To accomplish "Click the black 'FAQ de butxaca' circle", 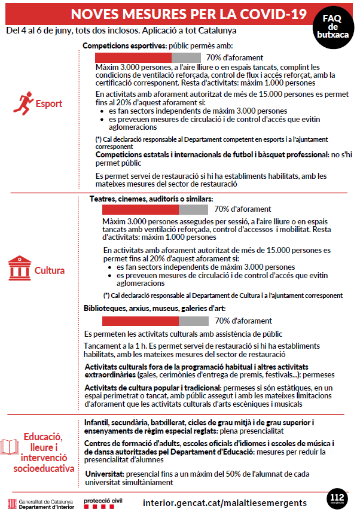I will tap(332, 28).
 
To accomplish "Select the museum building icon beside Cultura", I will tap(20, 270).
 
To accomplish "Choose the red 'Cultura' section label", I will tap(50, 270).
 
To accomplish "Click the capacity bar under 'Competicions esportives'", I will tap(148, 57).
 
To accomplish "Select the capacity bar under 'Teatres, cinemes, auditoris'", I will tap(155, 209).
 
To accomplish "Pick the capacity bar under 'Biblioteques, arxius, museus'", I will tap(155, 321).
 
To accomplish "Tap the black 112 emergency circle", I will tap(337, 498).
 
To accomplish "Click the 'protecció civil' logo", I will tap(103, 501).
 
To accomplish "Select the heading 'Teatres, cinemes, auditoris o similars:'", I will tap(151, 199).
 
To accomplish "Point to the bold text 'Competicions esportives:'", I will tap(124, 45).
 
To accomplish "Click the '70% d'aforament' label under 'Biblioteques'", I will tap(243, 321).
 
